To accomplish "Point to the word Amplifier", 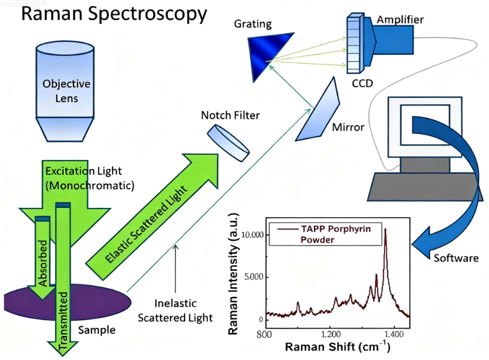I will (400, 20).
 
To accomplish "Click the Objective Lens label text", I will (67, 91).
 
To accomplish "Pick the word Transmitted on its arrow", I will (64, 320).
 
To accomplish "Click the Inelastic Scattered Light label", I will (175, 310).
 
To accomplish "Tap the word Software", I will (456, 257).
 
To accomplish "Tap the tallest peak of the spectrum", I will (385, 230).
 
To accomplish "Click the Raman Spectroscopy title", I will (114, 15).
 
